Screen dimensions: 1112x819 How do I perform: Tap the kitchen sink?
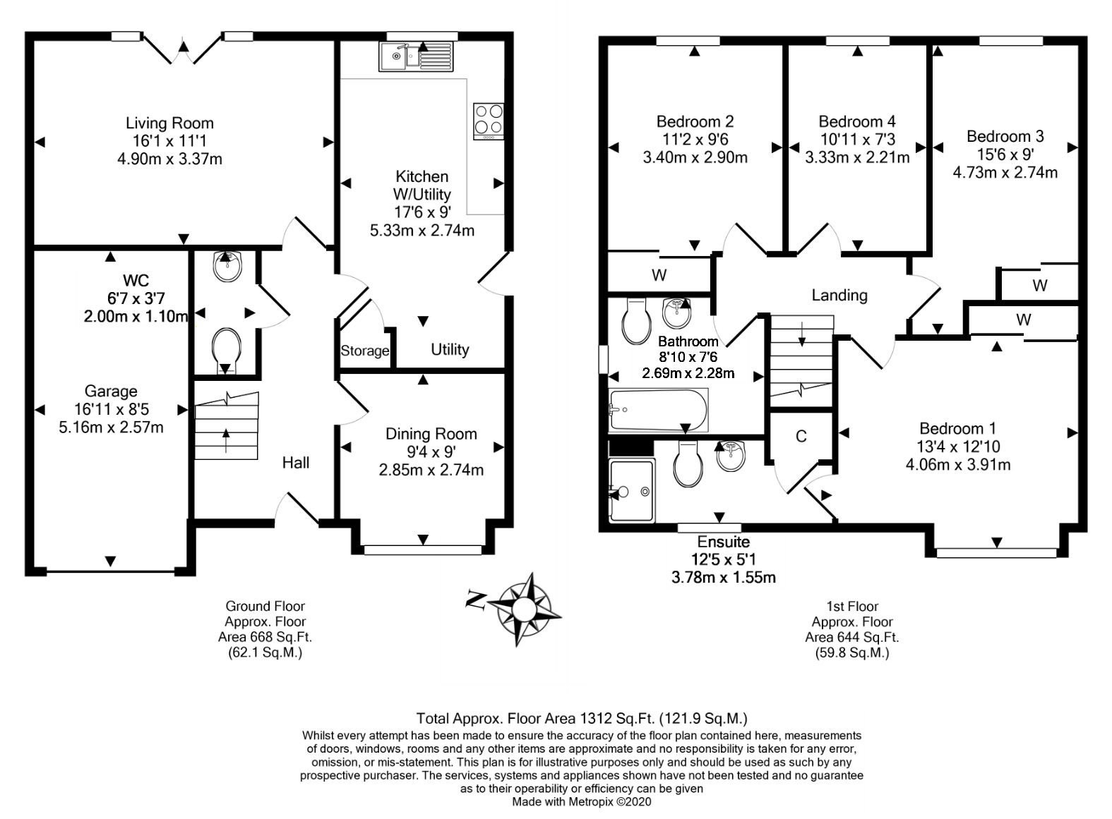(x=415, y=56)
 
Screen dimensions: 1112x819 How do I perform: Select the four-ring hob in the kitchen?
(x=488, y=120)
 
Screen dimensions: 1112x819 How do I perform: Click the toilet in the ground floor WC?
(x=227, y=346)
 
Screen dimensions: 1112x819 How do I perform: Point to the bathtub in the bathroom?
(x=657, y=410)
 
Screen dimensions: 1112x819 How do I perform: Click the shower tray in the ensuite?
(x=630, y=491)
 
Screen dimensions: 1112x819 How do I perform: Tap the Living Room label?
(x=169, y=123)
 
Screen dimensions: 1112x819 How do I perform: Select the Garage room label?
(x=111, y=392)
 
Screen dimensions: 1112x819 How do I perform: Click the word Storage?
(x=365, y=351)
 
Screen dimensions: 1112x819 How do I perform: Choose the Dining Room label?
(x=431, y=434)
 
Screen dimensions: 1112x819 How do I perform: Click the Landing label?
(x=839, y=295)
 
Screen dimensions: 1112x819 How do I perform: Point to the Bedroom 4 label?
(x=856, y=121)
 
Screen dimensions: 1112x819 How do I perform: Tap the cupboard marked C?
(x=801, y=437)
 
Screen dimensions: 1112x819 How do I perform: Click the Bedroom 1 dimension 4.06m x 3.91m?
(x=957, y=464)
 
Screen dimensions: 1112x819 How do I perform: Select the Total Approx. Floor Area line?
(x=581, y=719)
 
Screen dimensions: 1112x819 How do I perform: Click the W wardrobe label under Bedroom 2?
(x=659, y=275)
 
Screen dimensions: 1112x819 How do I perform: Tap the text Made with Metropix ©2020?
(x=581, y=802)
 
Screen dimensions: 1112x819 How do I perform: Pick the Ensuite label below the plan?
(x=723, y=542)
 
